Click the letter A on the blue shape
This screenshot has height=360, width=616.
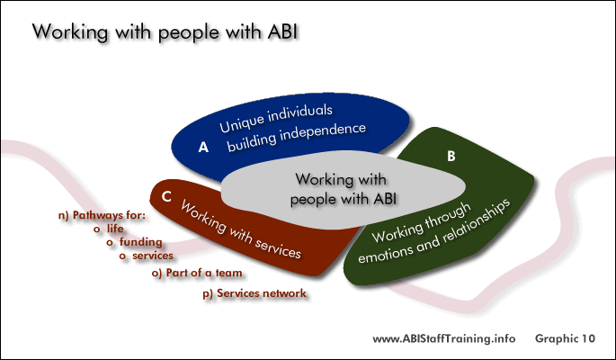203,147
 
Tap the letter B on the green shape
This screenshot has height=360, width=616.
451,156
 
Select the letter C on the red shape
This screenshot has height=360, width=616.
166,196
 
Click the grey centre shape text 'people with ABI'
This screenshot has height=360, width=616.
343,199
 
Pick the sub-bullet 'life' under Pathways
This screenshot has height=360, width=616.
115,229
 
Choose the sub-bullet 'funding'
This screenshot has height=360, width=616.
140,242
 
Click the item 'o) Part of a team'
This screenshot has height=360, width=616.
197,273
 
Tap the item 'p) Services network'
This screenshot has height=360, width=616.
254,293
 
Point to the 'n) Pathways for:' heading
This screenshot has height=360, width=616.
102,215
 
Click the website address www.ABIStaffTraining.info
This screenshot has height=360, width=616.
444,338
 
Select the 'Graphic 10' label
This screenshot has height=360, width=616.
565,338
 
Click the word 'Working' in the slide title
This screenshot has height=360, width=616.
70,31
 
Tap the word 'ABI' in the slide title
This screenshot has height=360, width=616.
282,31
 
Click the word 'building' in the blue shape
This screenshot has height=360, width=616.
251,142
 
